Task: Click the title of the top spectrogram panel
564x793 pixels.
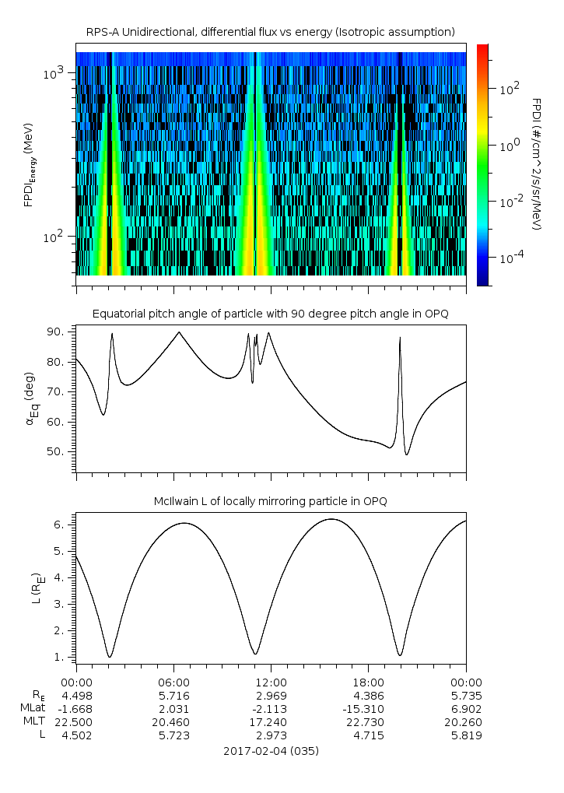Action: point(270,32)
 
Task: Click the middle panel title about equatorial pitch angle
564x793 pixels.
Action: point(270,314)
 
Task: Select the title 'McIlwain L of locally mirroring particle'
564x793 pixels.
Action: point(270,500)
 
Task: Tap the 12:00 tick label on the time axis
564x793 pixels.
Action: point(271,680)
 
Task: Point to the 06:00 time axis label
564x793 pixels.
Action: point(173,680)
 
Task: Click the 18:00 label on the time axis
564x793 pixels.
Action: point(368,680)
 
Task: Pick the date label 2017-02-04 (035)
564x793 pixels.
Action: point(270,752)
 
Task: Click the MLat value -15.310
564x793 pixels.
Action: point(368,708)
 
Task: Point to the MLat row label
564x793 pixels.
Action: point(34,708)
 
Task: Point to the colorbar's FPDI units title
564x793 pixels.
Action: point(536,164)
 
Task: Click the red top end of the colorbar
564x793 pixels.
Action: point(482,48)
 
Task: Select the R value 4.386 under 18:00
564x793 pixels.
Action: point(368,694)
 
